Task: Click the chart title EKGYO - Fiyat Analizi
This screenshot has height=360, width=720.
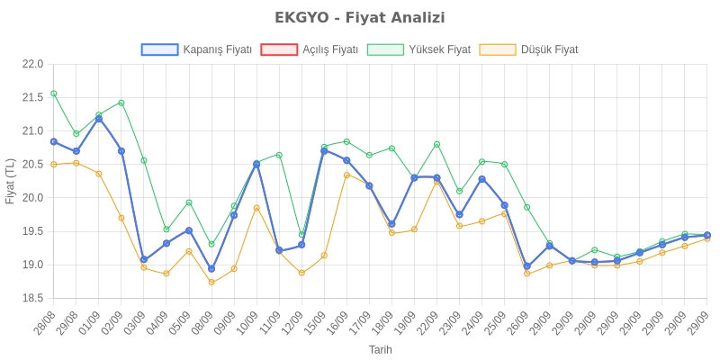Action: pyautogui.click(x=360, y=18)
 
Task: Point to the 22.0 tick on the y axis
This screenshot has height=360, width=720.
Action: pyautogui.click(x=33, y=64)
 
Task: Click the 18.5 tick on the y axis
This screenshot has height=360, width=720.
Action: pyautogui.click(x=33, y=298)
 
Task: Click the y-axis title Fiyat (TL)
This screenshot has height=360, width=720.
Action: pyautogui.click(x=11, y=181)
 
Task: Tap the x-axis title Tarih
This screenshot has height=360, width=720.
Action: pyautogui.click(x=380, y=349)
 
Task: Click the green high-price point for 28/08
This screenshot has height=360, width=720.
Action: pyautogui.click(x=54, y=94)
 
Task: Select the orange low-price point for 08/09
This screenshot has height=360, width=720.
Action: pyautogui.click(x=211, y=283)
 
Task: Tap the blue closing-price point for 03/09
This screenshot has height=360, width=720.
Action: pyautogui.click(x=144, y=259)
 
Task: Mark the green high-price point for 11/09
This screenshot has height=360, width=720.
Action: pyautogui.click(x=279, y=155)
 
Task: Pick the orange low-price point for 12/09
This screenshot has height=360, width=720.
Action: pyautogui.click(x=301, y=273)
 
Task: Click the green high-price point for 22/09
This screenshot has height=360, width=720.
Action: pyautogui.click(x=436, y=144)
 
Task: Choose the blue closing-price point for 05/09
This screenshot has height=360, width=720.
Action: pyautogui.click(x=189, y=229)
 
